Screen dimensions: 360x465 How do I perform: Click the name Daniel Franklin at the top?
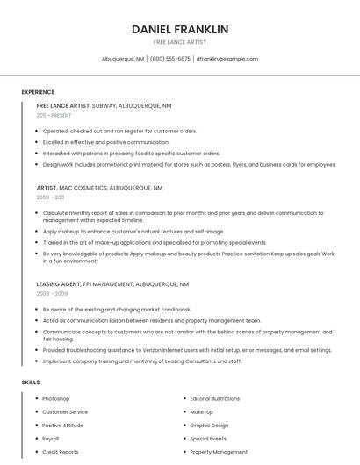point(180,29)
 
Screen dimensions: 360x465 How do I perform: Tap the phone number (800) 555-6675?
point(170,59)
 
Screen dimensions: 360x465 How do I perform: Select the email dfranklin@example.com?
point(227,59)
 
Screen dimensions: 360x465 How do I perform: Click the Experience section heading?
point(38,92)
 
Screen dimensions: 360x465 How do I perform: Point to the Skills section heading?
point(31,383)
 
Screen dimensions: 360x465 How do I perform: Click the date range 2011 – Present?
point(54,115)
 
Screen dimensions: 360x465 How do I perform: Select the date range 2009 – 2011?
point(50,197)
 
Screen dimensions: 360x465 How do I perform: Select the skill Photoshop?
point(56,399)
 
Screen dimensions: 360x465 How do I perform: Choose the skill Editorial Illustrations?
point(215,399)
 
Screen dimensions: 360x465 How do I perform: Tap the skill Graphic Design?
point(209,426)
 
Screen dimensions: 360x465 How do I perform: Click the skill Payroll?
point(51,439)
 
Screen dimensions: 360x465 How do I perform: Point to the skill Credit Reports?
point(61,452)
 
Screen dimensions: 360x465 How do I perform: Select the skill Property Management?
point(219,452)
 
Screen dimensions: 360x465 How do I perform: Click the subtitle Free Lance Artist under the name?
point(180,42)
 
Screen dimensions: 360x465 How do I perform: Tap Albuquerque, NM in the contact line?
point(123,59)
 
